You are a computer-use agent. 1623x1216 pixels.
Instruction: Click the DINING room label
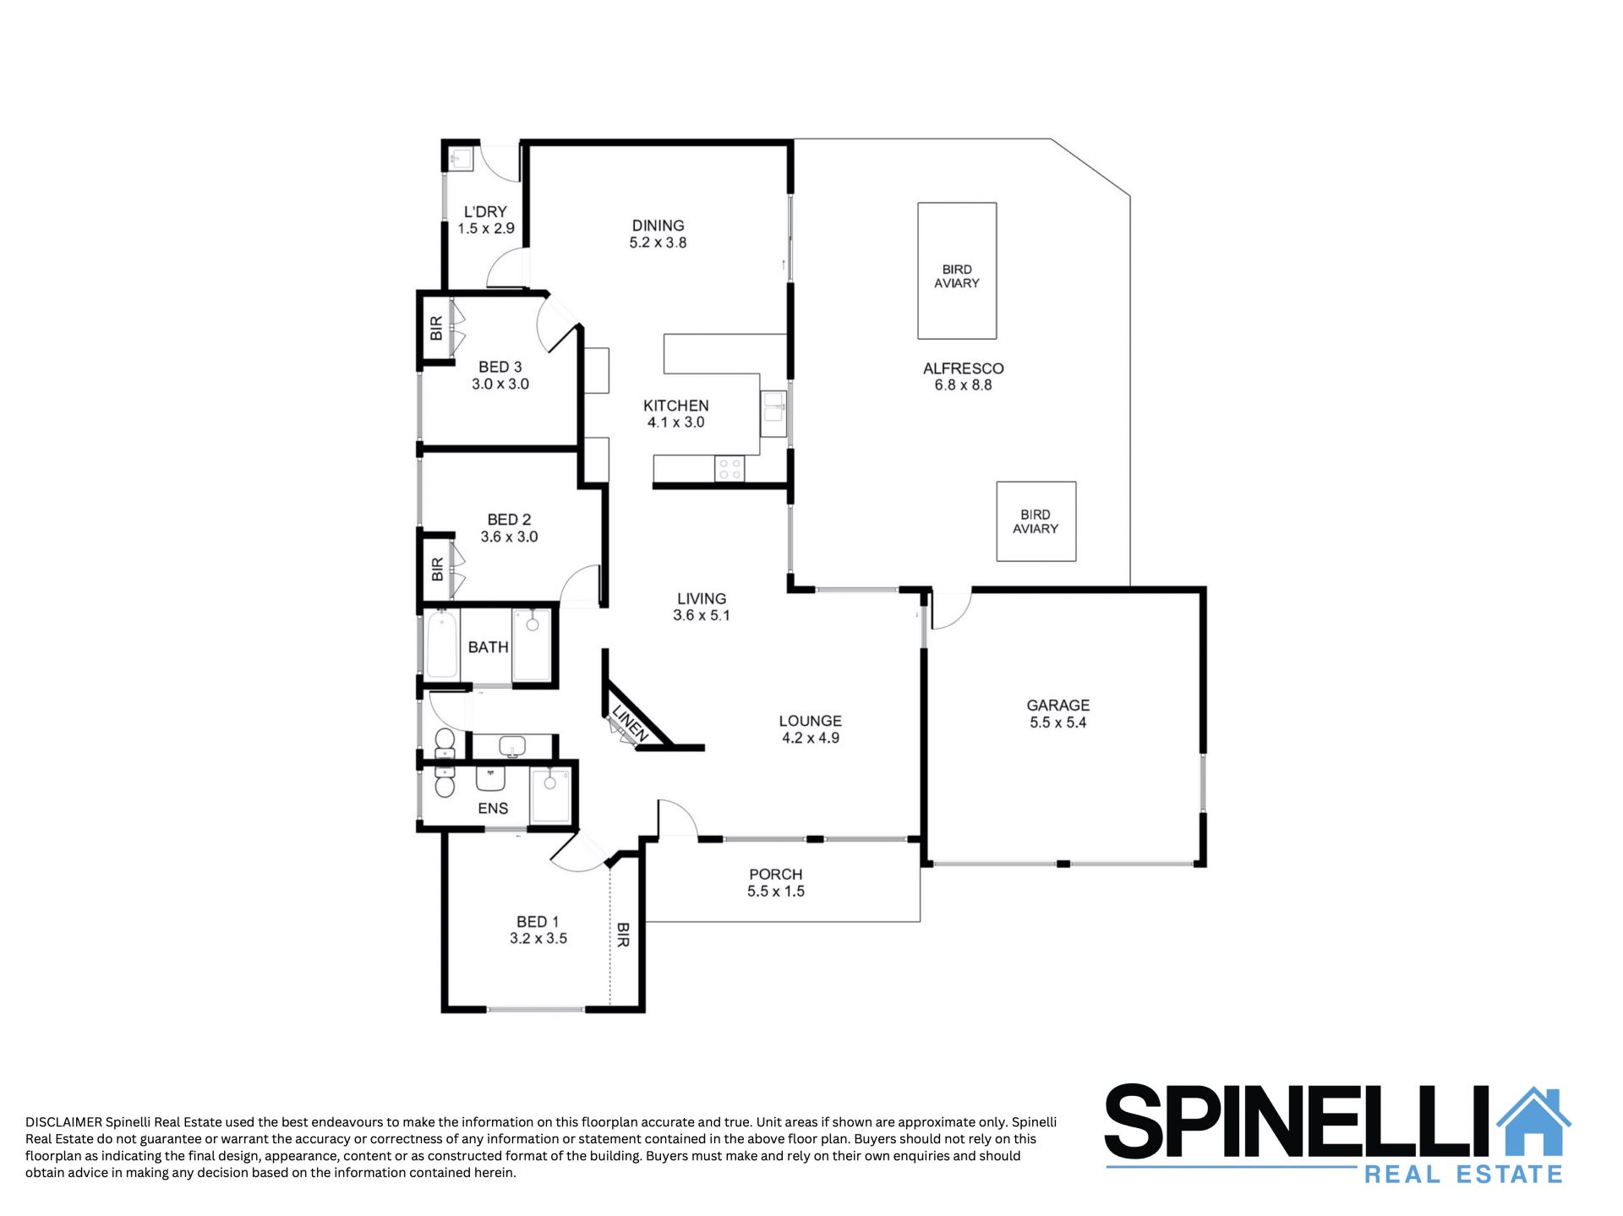pos(658,226)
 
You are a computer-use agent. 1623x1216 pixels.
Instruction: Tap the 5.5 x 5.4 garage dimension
pos(1057,723)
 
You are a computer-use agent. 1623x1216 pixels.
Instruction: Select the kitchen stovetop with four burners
pos(730,469)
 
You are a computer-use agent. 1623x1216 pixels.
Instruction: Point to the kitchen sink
pos(773,413)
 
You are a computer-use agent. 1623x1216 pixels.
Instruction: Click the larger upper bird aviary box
pos(957,270)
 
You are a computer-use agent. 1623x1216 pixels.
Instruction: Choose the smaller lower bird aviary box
pos(1036,521)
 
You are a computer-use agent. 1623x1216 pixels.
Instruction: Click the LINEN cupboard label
pos(630,723)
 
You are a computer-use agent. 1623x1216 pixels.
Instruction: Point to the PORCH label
pos(775,875)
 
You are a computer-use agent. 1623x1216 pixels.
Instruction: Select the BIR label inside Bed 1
pos(623,935)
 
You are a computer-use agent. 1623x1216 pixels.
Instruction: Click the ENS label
pos(493,809)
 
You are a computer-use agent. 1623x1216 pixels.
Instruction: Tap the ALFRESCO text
pos(963,368)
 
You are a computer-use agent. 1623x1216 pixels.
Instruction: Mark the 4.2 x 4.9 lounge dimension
pos(810,738)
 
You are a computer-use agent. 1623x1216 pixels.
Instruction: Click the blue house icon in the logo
pos(1533,1121)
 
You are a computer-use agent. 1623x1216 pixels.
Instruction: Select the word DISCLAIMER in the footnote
pos(63,1122)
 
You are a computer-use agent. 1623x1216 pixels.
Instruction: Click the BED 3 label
pos(500,367)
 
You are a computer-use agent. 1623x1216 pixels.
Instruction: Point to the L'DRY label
pos(485,212)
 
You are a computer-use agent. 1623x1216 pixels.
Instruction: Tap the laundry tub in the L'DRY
pos(461,159)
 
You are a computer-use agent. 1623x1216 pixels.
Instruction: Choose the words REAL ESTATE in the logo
pos(1463,1174)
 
